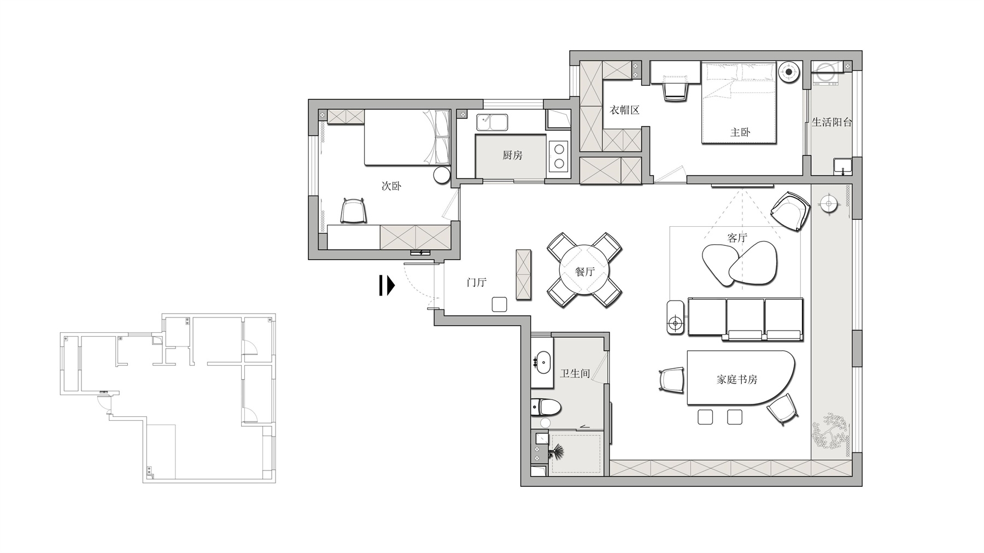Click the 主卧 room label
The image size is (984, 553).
click(x=740, y=132)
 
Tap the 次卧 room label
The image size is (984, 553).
click(x=391, y=186)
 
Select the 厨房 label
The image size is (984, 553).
click(x=512, y=155)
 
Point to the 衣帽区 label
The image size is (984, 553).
click(x=624, y=110)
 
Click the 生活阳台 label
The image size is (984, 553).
click(x=831, y=122)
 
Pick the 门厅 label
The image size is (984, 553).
click(x=476, y=283)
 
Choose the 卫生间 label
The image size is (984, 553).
click(x=575, y=374)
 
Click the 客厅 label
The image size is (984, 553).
click(x=737, y=238)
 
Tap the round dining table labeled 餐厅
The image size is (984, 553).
click(x=584, y=271)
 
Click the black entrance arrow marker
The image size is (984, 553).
click(x=387, y=285)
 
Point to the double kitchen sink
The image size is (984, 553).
click(x=492, y=122)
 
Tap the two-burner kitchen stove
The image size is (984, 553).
click(x=559, y=155)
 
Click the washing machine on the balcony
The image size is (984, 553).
click(x=826, y=73)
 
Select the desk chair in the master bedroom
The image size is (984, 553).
click(x=674, y=90)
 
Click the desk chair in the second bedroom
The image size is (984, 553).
click(x=353, y=210)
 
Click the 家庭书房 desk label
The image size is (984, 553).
click(x=737, y=379)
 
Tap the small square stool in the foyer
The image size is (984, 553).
click(x=500, y=304)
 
